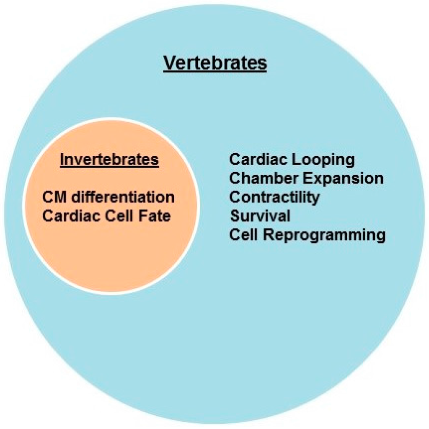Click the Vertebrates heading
(x=215, y=64)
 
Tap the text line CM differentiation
(x=109, y=196)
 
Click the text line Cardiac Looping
(x=292, y=159)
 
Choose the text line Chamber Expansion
(x=306, y=178)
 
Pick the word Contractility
(x=274, y=197)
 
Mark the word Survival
(x=260, y=216)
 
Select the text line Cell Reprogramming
(x=307, y=235)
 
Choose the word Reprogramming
(x=324, y=235)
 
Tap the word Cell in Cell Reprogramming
(x=243, y=235)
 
